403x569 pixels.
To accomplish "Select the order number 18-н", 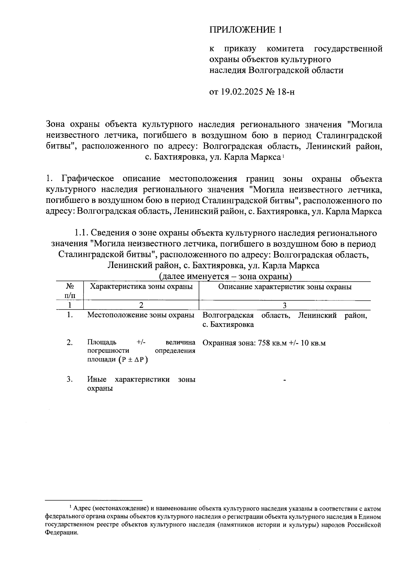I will (286, 92).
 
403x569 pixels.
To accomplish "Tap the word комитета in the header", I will (285, 49).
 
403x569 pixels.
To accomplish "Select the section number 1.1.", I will (81, 233).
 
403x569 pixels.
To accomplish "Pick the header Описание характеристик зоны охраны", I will (285, 287).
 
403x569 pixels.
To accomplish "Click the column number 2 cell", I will (141, 305).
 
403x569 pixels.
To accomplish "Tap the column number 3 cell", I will (284, 305).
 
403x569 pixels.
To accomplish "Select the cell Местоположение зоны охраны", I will (141, 315).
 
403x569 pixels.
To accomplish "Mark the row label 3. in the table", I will (70, 380).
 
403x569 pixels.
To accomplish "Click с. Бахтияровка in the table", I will (228, 325).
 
